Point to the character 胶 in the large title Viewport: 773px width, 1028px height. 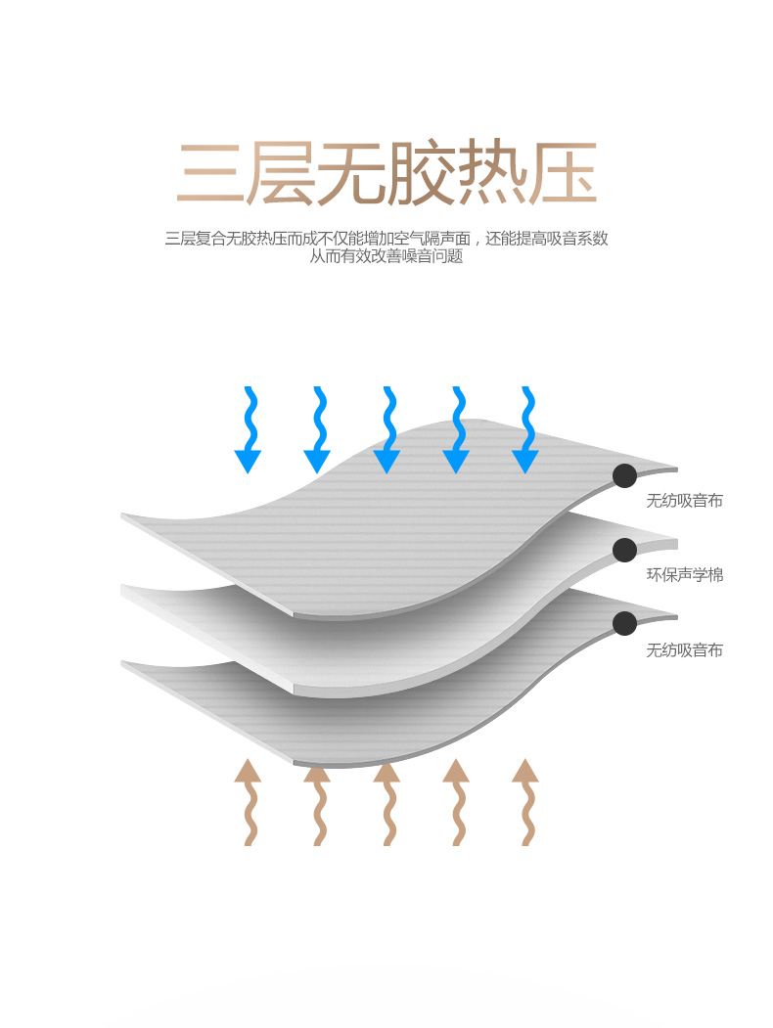click(423, 175)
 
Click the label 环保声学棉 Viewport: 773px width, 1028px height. click(685, 575)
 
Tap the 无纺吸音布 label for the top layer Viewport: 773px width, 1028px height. click(685, 501)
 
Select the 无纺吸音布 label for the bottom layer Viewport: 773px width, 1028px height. click(685, 649)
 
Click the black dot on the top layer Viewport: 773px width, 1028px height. click(624, 476)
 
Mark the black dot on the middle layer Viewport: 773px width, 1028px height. click(624, 550)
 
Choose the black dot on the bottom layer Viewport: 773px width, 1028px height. click(624, 623)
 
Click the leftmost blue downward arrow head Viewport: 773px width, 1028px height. click(248, 461)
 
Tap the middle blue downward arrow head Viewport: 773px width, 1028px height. click(386, 461)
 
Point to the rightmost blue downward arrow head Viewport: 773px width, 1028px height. click(525, 461)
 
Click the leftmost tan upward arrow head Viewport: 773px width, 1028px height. click(248, 771)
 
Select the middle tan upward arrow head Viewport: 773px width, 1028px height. click(386, 771)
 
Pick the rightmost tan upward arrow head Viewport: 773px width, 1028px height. click(525, 771)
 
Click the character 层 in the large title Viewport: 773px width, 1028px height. click(281, 175)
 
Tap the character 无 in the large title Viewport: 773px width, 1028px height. click(351, 175)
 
